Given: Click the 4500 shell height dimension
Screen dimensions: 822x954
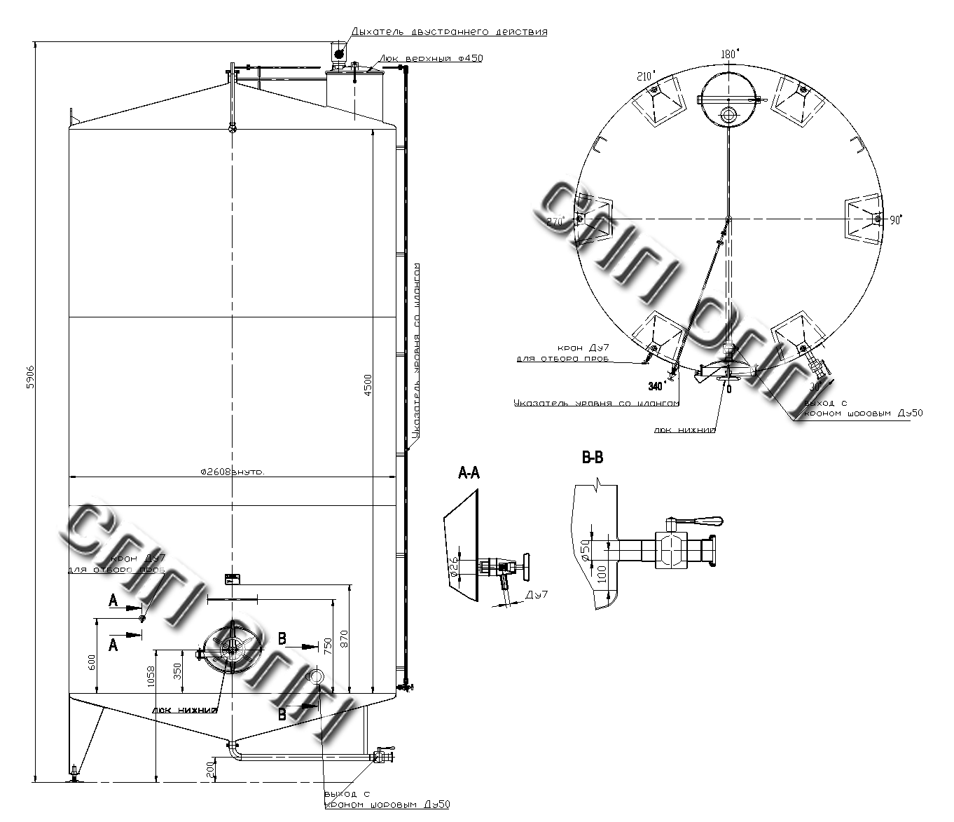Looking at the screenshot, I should coord(368,385).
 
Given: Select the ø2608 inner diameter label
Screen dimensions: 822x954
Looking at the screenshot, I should coord(232,472).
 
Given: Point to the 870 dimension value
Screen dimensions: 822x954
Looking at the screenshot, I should coord(343,639).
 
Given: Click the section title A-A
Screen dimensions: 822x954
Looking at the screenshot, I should coord(469,474).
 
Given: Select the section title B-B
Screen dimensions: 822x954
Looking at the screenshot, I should coord(593,458).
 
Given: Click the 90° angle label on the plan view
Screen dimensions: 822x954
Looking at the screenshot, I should coord(896,220).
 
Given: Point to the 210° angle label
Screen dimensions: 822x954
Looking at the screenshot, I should coord(645,75).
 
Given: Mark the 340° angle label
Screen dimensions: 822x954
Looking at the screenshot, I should coord(657,385).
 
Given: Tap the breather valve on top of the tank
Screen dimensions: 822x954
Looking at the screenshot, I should coord(338,53).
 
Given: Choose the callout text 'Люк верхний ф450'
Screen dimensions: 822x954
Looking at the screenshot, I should coord(431,58).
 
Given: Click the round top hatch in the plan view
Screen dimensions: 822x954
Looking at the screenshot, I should coord(728,100).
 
